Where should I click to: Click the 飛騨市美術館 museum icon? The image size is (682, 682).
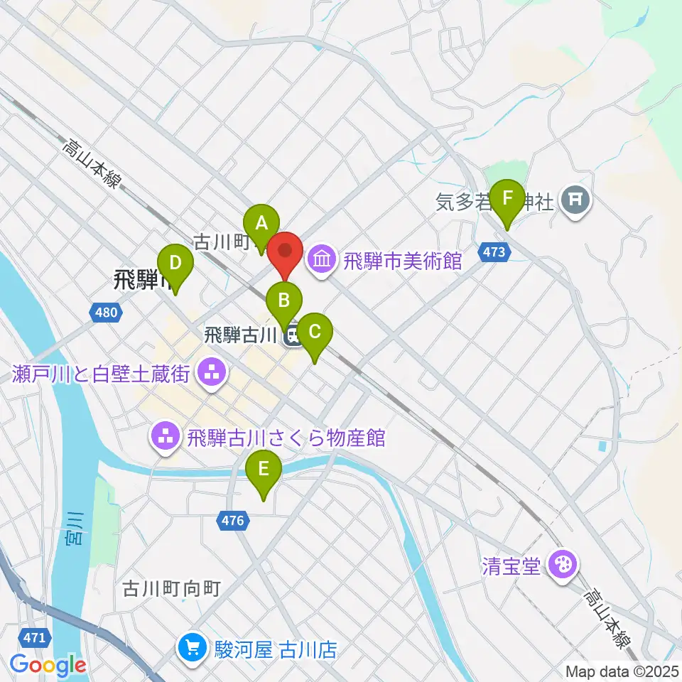tap(322, 260)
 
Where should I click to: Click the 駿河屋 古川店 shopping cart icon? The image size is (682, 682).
tap(193, 649)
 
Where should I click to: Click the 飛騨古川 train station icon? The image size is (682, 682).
tap(291, 337)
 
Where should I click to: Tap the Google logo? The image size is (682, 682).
tap(48, 665)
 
